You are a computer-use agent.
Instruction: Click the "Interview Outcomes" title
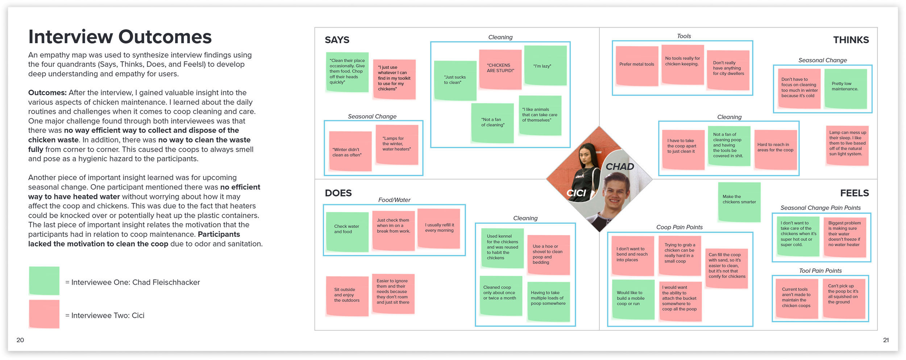[x=120, y=37]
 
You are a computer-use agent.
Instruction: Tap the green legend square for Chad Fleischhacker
[x=44, y=281]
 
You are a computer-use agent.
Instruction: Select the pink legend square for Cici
[x=44, y=314]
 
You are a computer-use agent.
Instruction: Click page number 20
[x=20, y=340]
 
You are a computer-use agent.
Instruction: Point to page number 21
[x=886, y=340]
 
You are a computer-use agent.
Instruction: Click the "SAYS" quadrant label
[x=337, y=40]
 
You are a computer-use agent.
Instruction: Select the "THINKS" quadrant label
[x=851, y=40]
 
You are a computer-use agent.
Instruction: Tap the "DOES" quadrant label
[x=338, y=193]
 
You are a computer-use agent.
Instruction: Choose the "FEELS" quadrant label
[x=854, y=193]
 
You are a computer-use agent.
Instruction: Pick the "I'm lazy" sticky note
[x=545, y=66]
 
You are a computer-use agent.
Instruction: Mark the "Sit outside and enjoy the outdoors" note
[x=347, y=296]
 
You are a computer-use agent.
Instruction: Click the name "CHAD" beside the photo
[x=620, y=167]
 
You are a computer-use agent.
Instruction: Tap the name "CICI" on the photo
[x=576, y=193]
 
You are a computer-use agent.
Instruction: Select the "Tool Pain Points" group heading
[x=820, y=271]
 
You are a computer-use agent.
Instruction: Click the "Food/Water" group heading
[x=394, y=200]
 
